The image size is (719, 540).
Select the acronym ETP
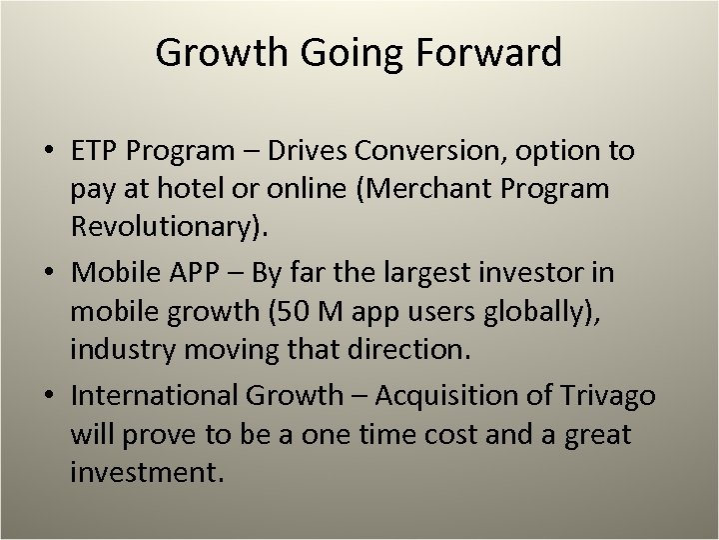[x=96, y=151]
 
